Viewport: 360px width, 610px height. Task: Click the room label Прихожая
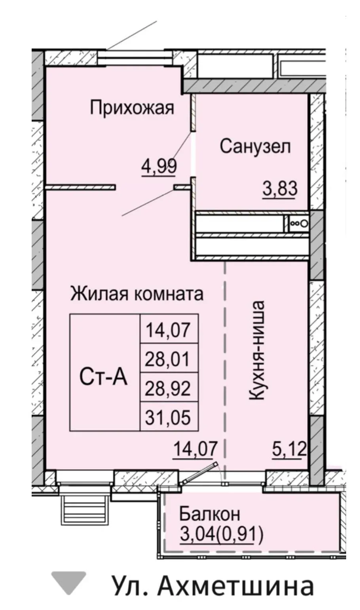click(132, 108)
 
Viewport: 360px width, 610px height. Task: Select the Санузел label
click(255, 147)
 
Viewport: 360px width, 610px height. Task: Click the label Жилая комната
click(137, 294)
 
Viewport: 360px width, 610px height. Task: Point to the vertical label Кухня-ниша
click(256, 350)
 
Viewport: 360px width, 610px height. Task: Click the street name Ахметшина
click(236, 585)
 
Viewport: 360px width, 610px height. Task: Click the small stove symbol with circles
click(299, 223)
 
